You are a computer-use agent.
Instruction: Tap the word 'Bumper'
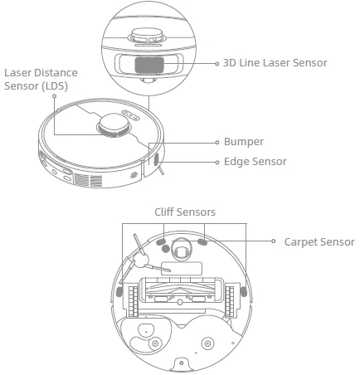243,142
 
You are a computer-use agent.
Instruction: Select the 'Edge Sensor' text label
255,162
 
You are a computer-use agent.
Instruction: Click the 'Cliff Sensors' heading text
185,212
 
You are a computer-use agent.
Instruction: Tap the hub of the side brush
141,261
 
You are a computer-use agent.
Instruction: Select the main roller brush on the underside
182,291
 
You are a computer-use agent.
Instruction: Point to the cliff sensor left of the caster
163,247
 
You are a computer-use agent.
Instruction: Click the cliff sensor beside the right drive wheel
243,292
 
